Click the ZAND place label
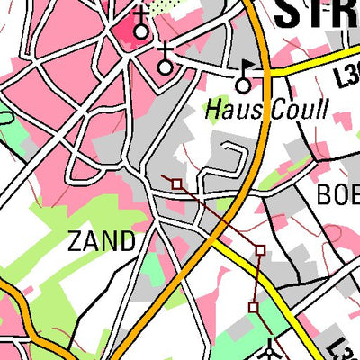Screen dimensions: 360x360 (103, 241)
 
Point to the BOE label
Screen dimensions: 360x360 (337, 194)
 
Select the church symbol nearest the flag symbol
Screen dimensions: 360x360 (165, 63)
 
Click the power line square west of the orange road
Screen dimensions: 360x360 (176, 184)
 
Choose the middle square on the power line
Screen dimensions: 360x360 (260, 249)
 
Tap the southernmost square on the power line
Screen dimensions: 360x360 (253, 308)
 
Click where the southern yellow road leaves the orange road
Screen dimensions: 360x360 (214, 239)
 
